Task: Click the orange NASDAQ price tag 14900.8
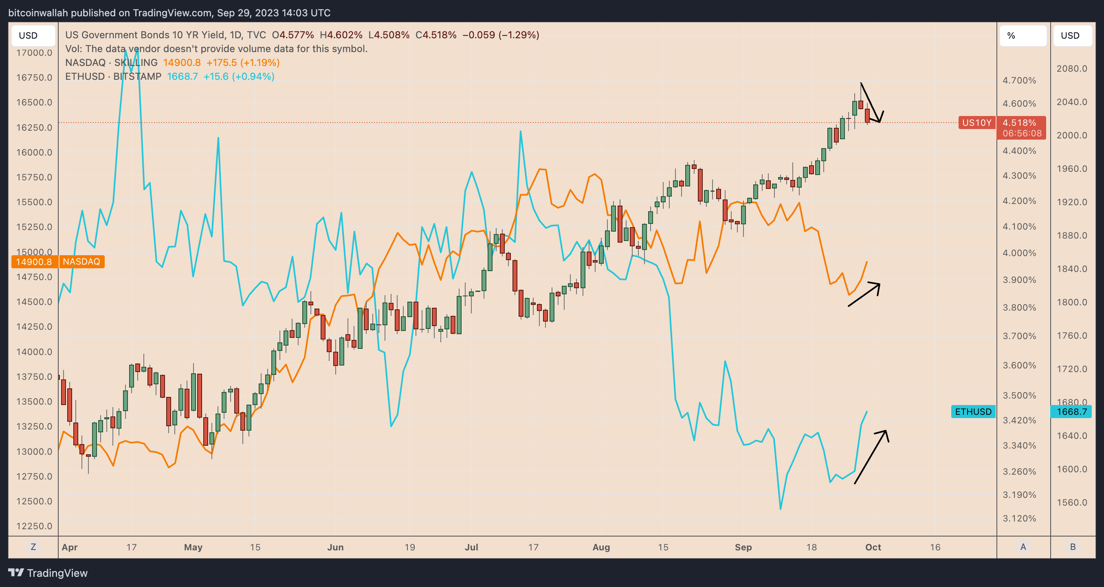(34, 262)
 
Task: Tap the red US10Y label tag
(977, 123)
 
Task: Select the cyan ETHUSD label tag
(973, 412)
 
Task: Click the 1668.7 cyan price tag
(1071, 412)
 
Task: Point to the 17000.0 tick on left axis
(34, 53)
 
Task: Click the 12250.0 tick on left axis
(34, 526)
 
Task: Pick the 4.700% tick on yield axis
(1019, 81)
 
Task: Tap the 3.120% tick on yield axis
(1019, 518)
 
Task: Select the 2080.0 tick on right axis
(1071, 68)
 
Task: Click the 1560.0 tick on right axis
(1071, 502)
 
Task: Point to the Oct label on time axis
(873, 547)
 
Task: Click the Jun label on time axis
(335, 547)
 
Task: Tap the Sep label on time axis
(743, 547)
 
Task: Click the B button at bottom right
(1073, 547)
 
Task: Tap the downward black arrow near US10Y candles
(871, 102)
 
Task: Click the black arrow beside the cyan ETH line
(871, 456)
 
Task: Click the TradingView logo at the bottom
(48, 573)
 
